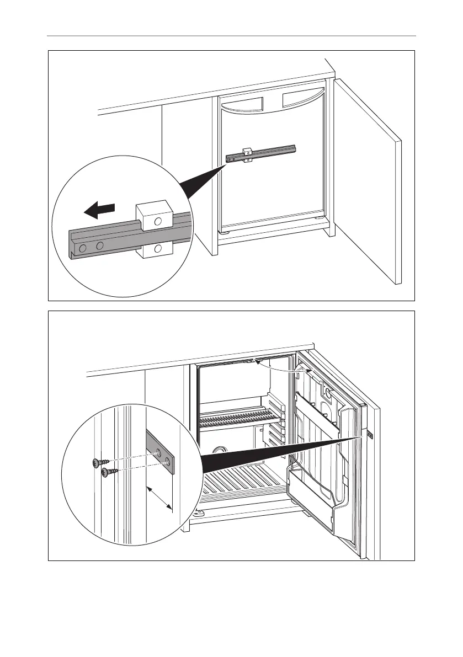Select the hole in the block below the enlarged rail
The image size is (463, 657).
tap(158, 249)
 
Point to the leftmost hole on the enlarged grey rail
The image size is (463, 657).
tap(83, 248)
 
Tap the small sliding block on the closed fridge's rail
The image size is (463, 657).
tap(247, 156)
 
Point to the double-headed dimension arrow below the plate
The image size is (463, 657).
tap(159, 499)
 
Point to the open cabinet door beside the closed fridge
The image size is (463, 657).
tap(367, 182)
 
